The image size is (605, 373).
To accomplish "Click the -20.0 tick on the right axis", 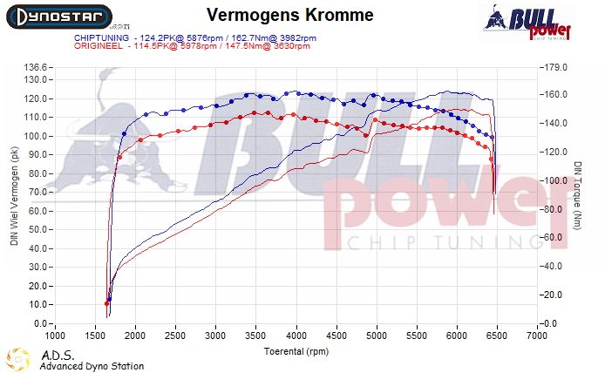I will pos(555,295).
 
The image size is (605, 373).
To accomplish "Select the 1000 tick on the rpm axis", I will pos(55,335).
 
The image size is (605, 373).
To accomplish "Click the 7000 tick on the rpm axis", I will pos(538,335).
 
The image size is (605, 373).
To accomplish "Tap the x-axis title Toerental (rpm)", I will pos(297,351).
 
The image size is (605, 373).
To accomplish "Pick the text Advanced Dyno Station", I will pos(92,366).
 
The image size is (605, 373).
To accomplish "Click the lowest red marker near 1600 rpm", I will pos(106,303).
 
